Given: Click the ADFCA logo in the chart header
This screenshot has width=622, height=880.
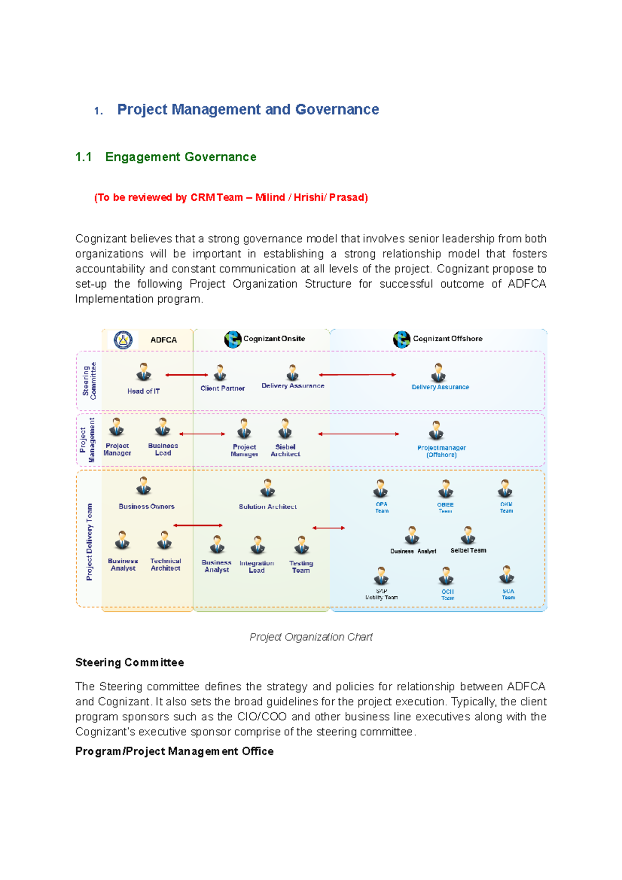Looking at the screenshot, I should click(123, 340).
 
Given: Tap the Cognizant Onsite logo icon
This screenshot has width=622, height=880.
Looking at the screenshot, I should click(233, 339).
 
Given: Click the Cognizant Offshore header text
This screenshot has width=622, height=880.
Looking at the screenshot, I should click(447, 338).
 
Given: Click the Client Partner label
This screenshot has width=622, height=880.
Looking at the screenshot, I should click(222, 388).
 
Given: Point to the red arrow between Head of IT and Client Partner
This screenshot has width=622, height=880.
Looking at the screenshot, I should click(187, 375).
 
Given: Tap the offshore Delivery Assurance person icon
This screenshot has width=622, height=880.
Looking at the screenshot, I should click(439, 373).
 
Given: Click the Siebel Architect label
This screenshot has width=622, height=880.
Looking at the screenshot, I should click(285, 450).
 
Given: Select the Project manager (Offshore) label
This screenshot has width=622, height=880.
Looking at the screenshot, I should click(441, 451).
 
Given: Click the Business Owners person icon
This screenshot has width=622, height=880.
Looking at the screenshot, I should click(144, 487).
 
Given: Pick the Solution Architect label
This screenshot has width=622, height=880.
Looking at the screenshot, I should click(267, 507).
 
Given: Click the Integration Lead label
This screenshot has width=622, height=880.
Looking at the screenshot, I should click(257, 566).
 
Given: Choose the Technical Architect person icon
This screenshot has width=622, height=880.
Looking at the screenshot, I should click(164, 541).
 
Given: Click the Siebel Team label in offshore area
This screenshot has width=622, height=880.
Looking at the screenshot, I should click(468, 550).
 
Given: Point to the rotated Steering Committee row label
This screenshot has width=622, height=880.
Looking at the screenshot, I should click(90, 381).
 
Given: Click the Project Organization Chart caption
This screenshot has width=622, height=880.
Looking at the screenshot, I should click(311, 637).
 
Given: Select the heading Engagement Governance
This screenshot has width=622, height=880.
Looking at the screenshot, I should click(180, 157).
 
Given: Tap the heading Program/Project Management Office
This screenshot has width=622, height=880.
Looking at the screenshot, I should click(174, 751).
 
